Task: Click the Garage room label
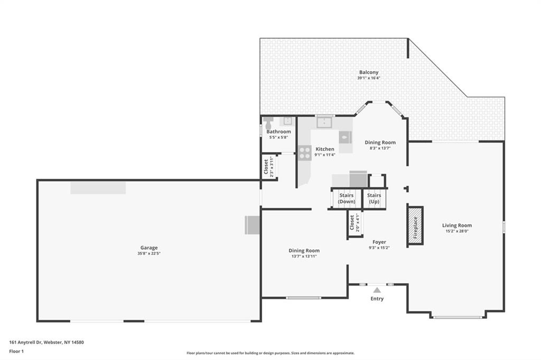click(149, 248)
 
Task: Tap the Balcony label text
click(369, 72)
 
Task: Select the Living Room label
click(457, 225)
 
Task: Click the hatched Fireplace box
click(415, 226)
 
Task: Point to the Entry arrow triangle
click(377, 290)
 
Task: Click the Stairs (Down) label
click(347, 198)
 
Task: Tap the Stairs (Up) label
click(374, 198)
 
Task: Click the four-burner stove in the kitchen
click(305, 153)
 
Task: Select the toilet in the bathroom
click(268, 123)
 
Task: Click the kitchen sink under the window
click(324, 122)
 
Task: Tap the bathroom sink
click(288, 121)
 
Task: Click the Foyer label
click(379, 242)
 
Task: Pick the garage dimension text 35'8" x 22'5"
click(149, 253)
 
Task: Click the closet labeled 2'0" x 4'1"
click(355, 224)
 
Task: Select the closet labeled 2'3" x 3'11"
click(269, 167)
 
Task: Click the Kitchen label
click(325, 149)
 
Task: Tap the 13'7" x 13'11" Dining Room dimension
click(304, 256)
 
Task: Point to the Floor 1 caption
click(16, 352)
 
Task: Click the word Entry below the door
click(377, 299)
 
